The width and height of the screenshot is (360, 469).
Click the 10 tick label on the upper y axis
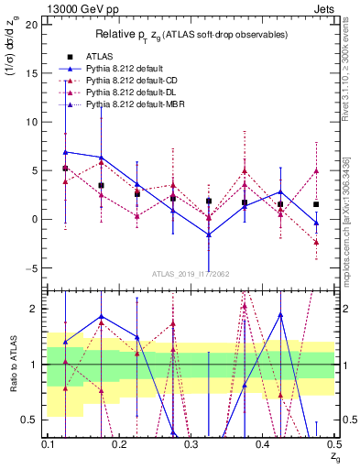(32, 122)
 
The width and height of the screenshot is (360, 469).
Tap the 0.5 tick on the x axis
(333, 443)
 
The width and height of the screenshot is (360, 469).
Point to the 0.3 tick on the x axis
(191, 443)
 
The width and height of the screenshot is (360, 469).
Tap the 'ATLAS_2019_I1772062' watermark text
(190, 274)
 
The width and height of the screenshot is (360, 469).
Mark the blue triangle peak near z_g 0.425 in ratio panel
(280, 314)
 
